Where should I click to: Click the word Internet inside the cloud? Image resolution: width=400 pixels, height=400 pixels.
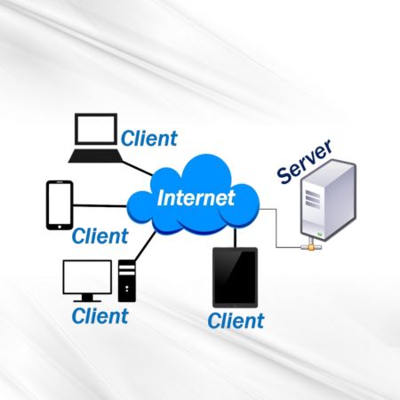(x=196, y=198)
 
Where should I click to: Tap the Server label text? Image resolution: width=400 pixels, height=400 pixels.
(x=304, y=162)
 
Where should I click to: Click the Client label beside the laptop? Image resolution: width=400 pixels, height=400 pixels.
(x=149, y=139)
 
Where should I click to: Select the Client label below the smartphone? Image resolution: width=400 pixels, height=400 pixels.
(x=100, y=236)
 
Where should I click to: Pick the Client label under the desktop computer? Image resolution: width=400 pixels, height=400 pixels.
(x=100, y=316)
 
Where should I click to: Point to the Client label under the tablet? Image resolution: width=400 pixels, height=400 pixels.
(x=236, y=321)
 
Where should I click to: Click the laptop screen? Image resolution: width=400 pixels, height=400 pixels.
(x=96, y=129)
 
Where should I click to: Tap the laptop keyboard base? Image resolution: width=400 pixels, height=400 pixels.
(x=95, y=156)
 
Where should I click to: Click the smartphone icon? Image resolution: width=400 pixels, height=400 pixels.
(x=60, y=205)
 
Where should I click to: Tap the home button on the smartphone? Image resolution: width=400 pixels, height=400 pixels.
(x=60, y=227)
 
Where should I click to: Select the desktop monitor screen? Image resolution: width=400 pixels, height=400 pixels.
(x=87, y=277)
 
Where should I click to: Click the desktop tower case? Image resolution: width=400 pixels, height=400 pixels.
(x=127, y=281)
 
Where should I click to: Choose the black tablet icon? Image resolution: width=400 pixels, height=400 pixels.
(x=236, y=277)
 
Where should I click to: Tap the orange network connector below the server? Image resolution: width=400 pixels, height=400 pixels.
(x=311, y=246)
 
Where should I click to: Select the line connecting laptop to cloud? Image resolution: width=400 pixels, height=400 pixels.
(x=137, y=168)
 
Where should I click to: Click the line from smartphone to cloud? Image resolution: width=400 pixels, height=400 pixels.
(x=100, y=205)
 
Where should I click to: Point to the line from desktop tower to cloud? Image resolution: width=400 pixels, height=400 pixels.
(x=145, y=246)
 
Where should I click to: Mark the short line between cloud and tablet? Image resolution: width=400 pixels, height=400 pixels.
(x=236, y=237)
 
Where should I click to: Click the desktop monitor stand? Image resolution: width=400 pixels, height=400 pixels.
(x=87, y=298)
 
